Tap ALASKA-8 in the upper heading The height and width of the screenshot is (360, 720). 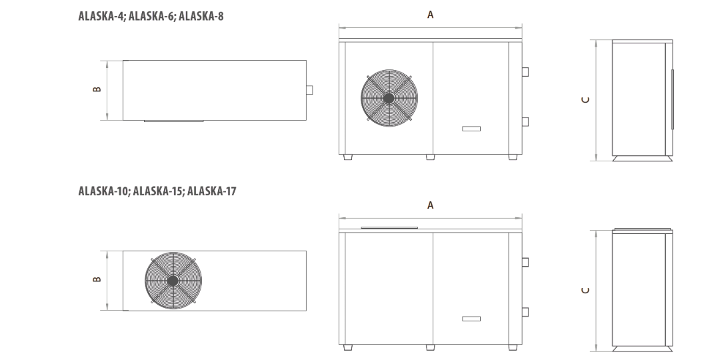point(201,16)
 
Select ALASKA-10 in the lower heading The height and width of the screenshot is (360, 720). point(104,191)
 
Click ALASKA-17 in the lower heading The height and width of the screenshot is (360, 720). point(212,191)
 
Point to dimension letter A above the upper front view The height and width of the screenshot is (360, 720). point(430,15)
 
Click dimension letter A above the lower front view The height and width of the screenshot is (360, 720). point(430,205)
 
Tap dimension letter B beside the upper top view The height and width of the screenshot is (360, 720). point(97,89)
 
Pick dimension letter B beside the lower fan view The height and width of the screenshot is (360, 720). point(97,279)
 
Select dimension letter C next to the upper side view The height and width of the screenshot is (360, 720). point(585,99)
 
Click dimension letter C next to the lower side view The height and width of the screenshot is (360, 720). point(585,290)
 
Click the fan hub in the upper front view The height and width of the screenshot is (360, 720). point(389,98)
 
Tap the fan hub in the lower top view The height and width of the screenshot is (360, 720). point(173,281)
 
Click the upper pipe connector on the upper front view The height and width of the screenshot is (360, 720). point(525,71)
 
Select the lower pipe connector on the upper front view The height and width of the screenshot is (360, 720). point(525,122)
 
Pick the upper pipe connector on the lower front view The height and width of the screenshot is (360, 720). point(525,262)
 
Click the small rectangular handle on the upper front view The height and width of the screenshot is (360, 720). point(471,129)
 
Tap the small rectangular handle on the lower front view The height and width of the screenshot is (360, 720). point(471,319)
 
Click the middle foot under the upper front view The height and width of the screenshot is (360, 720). point(430,157)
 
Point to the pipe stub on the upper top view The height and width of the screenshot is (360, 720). point(309,90)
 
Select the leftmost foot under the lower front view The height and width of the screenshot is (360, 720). point(348,347)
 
